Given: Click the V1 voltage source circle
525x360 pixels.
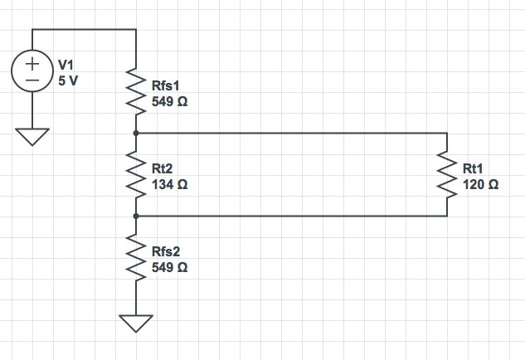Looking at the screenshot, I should pyautogui.click(x=32, y=71).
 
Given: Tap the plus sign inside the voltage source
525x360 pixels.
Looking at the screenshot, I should pyautogui.click(x=32, y=63).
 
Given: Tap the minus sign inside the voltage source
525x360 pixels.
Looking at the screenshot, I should pyautogui.click(x=32, y=80).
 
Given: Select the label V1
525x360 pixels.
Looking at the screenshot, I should pyautogui.click(x=66, y=66).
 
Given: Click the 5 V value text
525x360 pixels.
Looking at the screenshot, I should pyautogui.click(x=68, y=81).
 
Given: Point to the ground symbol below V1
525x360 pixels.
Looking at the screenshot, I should pyautogui.click(x=32, y=136).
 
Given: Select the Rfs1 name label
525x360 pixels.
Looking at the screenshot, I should pyautogui.click(x=167, y=85).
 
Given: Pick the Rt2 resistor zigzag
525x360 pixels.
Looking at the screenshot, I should pyautogui.click(x=136, y=174).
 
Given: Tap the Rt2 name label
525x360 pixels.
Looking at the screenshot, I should pyautogui.click(x=163, y=168).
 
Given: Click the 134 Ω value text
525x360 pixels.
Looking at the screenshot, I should pyautogui.click(x=169, y=184).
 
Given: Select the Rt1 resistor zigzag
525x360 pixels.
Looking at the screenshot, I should pyautogui.click(x=447, y=174).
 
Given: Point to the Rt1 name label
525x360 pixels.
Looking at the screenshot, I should pyautogui.click(x=474, y=168).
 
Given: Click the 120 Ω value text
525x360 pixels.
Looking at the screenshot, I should pyautogui.click(x=480, y=184).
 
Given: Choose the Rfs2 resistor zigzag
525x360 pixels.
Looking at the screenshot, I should pyautogui.click(x=136, y=257).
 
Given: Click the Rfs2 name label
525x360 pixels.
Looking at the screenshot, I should pyautogui.click(x=167, y=251).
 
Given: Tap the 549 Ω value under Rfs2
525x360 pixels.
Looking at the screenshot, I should pyautogui.click(x=169, y=267).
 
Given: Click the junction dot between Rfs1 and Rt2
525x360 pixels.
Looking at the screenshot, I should pyautogui.click(x=136, y=133).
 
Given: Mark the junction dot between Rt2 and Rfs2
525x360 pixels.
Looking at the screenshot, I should pyautogui.click(x=136, y=216).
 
